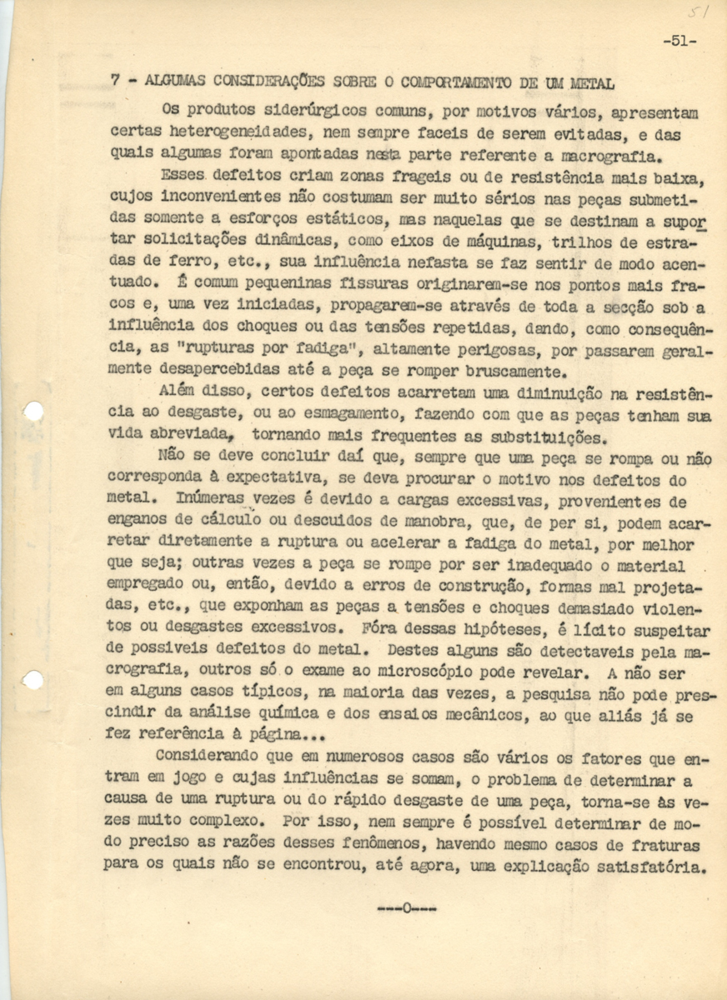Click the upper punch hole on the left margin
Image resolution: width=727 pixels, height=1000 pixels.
point(33,412)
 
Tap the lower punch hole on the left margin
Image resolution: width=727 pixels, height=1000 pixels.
point(33,680)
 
